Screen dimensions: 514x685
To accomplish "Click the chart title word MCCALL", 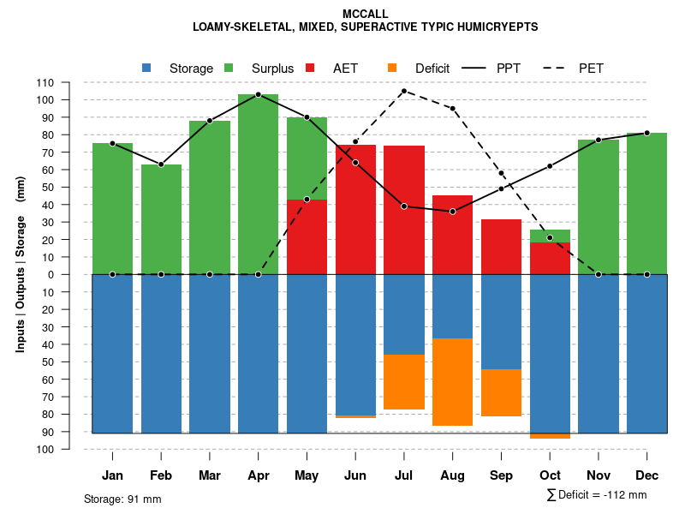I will click(x=365, y=14).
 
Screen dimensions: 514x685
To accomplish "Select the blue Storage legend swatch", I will click(x=146, y=68).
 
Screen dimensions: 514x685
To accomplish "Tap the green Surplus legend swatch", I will click(x=229, y=68).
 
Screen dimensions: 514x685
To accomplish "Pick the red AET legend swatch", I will click(x=310, y=68).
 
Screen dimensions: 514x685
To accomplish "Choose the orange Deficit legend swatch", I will click(x=392, y=68).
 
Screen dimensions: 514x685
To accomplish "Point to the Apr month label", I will click(x=259, y=475).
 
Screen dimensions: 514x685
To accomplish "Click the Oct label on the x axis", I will click(x=550, y=475).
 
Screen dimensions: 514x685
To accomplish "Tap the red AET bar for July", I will click(x=404, y=210).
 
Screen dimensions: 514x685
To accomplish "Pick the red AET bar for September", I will click(x=501, y=247).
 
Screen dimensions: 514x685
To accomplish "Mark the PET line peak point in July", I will click(x=404, y=91).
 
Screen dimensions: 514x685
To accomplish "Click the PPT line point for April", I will click(x=259, y=94).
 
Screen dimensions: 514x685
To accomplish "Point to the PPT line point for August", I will click(x=452, y=212).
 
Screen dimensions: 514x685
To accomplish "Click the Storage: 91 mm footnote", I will click(x=122, y=499).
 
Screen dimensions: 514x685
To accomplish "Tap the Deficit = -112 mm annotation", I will click(x=597, y=495).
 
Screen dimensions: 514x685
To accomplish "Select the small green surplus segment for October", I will click(x=550, y=236).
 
